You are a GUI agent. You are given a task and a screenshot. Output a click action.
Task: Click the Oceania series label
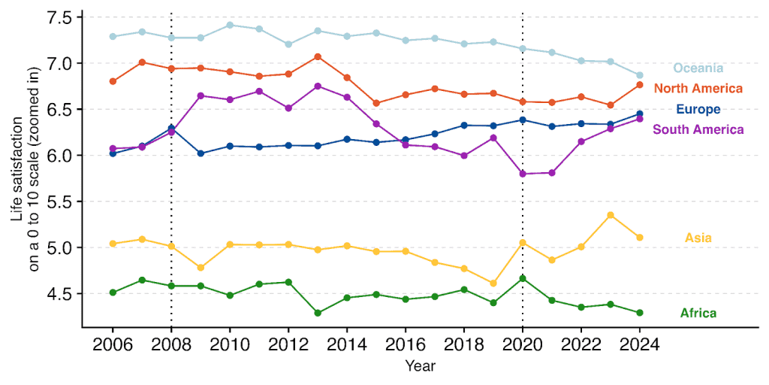[698, 68]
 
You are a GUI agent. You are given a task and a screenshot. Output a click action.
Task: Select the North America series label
[698, 89]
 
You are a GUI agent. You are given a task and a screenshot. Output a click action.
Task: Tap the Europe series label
[698, 109]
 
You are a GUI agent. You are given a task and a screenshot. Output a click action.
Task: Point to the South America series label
[698, 129]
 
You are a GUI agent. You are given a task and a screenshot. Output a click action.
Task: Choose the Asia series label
[698, 238]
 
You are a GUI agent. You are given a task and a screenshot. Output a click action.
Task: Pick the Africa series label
[698, 314]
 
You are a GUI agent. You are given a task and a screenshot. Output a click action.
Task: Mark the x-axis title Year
[420, 366]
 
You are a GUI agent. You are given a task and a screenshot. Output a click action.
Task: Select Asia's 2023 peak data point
[610, 215]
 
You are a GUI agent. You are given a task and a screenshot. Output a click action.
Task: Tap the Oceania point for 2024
[639, 75]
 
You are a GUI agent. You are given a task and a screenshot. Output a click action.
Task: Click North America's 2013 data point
[318, 56]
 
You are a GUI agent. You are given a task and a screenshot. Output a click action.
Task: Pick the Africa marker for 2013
[318, 313]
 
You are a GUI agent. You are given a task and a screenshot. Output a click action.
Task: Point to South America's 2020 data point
[523, 174]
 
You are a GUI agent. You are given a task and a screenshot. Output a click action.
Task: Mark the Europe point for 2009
[201, 153]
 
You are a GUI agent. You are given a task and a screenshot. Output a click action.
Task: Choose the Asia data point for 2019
[493, 283]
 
